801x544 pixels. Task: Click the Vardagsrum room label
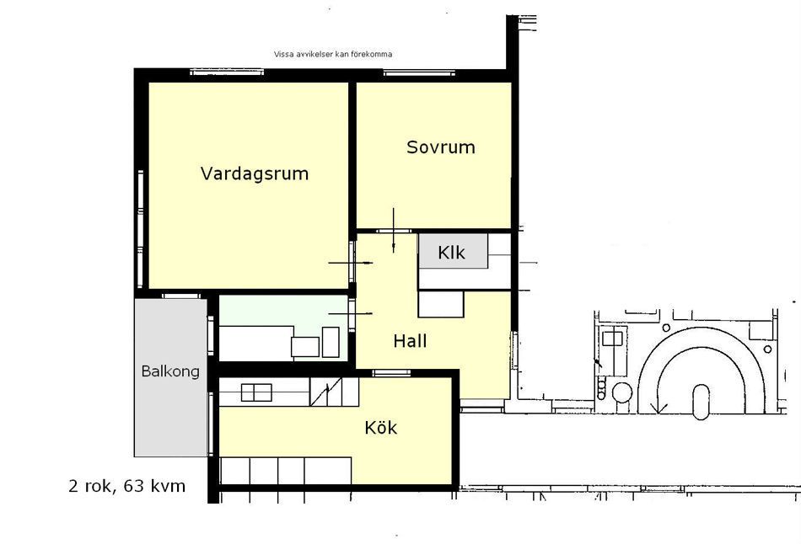click(255, 174)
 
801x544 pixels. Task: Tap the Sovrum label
click(440, 147)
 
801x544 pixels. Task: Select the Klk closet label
click(452, 252)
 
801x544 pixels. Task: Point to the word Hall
click(410, 341)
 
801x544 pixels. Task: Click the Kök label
click(380, 427)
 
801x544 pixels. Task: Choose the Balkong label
click(170, 371)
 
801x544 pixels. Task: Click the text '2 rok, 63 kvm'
click(126, 486)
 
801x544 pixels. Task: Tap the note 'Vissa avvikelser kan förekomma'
click(333, 54)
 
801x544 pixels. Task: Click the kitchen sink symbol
click(256, 392)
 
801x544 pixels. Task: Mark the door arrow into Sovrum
click(394, 230)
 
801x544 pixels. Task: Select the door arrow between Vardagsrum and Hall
click(351, 263)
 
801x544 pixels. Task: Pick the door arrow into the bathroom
click(351, 313)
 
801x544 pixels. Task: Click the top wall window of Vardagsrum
click(227, 72)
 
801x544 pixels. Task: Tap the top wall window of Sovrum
click(419, 73)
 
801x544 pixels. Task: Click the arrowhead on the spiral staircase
click(659, 408)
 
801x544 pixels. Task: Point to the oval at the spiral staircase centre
click(702, 403)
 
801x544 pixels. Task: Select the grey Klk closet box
click(453, 251)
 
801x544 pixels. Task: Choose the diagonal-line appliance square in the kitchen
click(326, 392)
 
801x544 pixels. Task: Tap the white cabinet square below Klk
click(441, 304)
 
